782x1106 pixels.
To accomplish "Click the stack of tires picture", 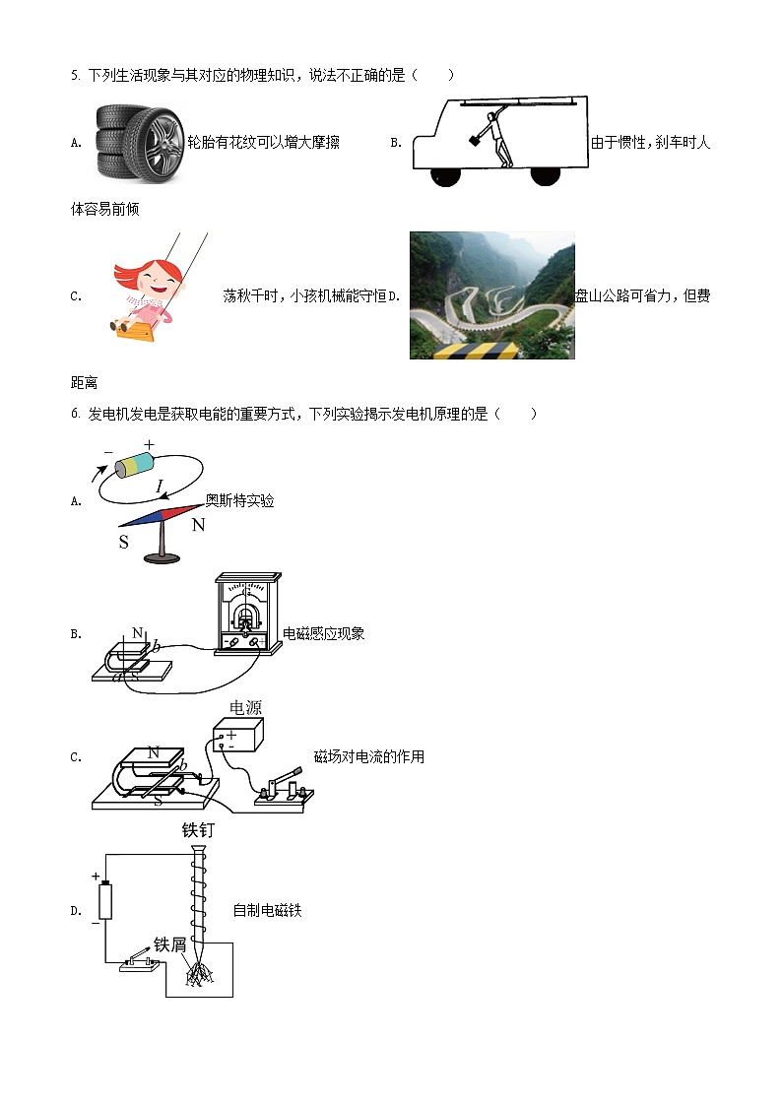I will coord(139,142).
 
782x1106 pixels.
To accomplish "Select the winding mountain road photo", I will coord(491,295).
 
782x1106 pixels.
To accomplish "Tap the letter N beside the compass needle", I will coord(198,525).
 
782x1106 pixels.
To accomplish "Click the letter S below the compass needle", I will coord(124,542).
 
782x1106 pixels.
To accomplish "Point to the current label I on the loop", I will coord(160,485).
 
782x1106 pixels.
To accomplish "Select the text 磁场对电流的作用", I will coord(368,756).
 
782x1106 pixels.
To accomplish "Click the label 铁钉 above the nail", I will coord(198,829).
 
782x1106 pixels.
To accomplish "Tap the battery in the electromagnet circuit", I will coord(105,901).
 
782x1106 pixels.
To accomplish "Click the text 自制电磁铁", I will coord(267,911).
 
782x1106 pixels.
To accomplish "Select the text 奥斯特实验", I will coord(239,500).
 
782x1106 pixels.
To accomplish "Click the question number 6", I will coord(74,414).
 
